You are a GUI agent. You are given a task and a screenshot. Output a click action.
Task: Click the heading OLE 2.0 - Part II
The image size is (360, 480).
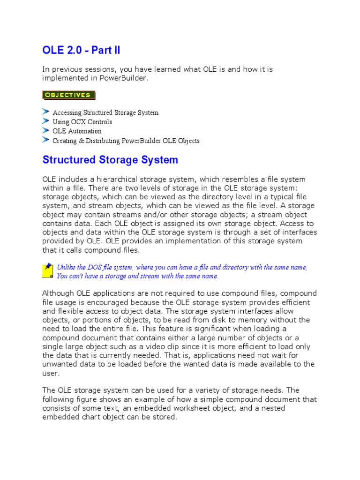coord(84,50)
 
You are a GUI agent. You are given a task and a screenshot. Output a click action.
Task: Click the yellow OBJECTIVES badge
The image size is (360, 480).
coord(68,95)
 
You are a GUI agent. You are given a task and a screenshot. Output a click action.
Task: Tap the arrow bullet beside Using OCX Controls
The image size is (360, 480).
coord(45,121)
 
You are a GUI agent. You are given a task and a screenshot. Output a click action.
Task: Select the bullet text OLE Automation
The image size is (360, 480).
coord(77,131)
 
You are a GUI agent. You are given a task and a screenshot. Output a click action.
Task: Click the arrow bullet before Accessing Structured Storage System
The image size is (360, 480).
coord(45,112)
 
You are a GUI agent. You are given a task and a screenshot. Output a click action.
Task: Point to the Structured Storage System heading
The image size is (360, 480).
coord(110,160)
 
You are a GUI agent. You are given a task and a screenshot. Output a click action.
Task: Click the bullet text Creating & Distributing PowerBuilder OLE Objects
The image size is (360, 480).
coord(126,141)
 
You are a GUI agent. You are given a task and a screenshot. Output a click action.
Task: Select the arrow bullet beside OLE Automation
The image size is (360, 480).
coord(45,131)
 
